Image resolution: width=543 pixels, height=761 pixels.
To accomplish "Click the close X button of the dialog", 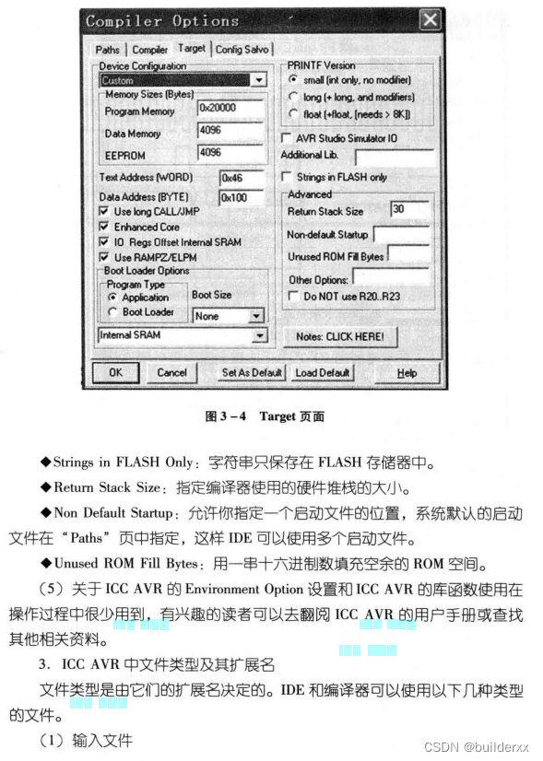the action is click(429, 19).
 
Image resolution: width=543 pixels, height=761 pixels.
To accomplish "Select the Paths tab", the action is click(108, 50).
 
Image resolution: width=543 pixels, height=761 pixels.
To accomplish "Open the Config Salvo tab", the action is click(242, 50).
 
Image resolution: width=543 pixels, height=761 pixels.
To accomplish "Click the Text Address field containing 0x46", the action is click(242, 177).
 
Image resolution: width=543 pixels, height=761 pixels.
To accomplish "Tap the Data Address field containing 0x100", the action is click(242, 197).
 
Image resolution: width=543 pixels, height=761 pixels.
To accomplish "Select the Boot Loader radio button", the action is click(112, 312).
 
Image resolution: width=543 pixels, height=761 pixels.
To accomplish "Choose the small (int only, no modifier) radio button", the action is click(293, 80).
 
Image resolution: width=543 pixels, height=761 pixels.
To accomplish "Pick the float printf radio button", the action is click(293, 113).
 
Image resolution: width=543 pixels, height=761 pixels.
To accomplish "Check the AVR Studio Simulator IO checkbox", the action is click(286, 137).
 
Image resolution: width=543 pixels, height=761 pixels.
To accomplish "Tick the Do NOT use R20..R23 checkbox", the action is click(293, 297).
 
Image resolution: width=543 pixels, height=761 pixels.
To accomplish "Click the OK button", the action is click(115, 372).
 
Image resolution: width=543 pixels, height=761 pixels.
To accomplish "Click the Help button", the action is click(407, 372).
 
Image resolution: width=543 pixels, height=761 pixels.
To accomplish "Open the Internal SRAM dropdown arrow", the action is click(259, 336).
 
